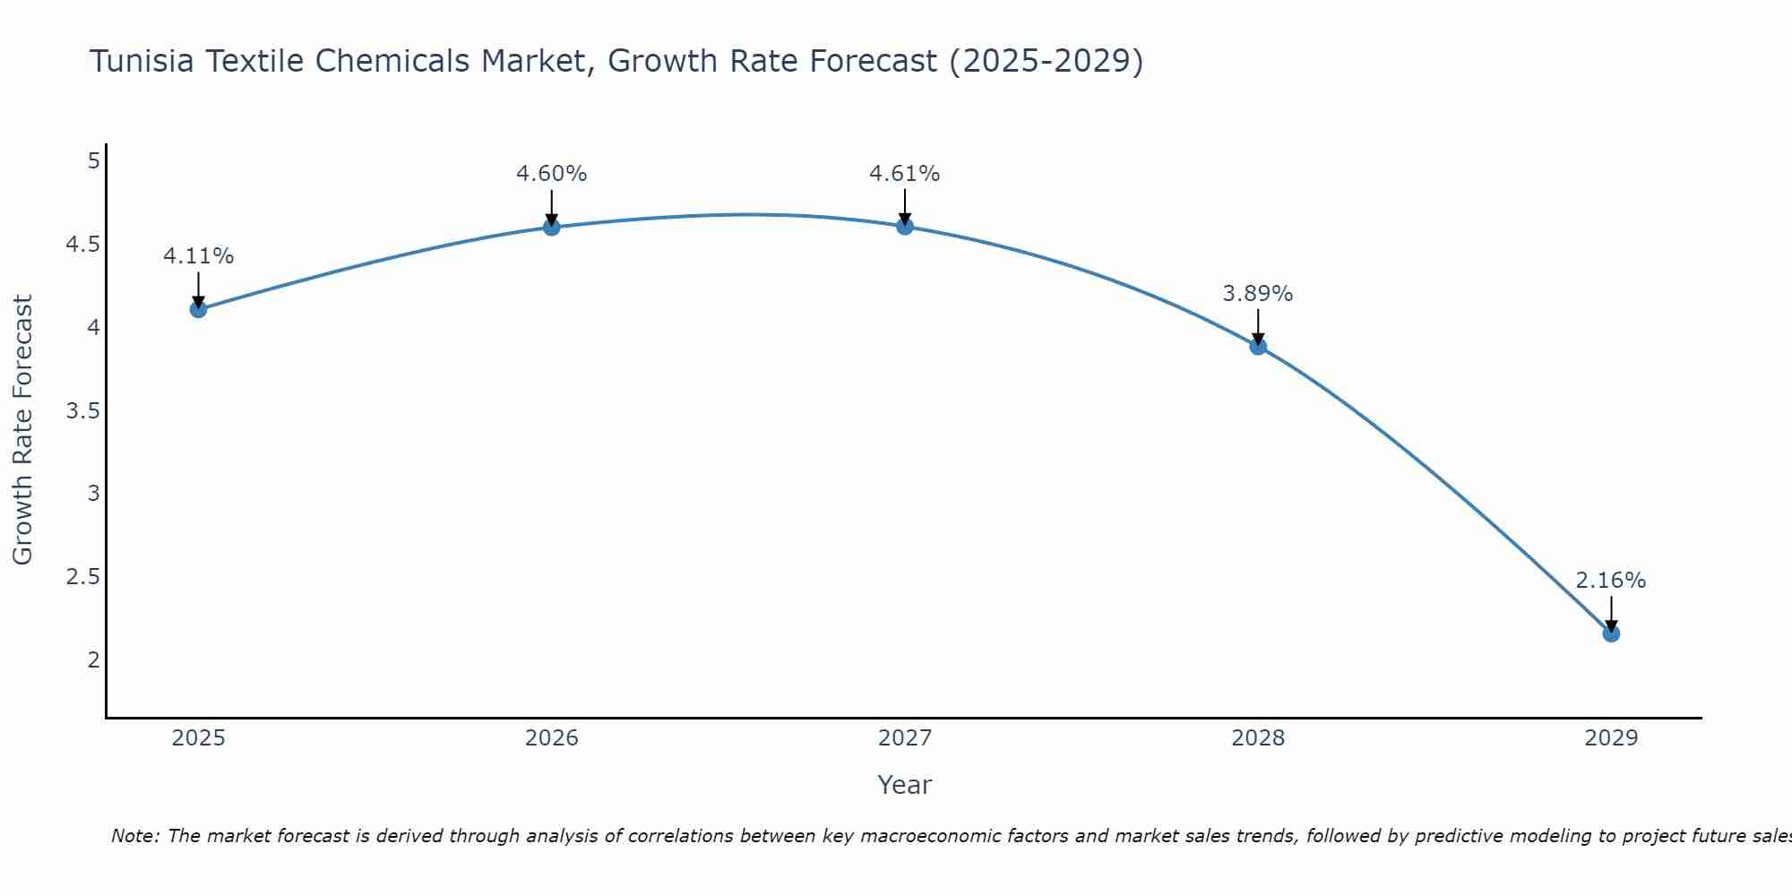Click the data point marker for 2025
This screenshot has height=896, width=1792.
[198, 309]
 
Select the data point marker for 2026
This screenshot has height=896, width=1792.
[551, 228]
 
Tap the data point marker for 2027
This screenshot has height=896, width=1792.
[905, 227]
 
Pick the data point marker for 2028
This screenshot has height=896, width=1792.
[1258, 347]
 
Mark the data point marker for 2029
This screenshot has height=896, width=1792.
[1611, 633]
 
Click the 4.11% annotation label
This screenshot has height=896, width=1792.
[198, 256]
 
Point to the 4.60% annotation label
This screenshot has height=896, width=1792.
[551, 174]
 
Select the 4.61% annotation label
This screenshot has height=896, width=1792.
[905, 174]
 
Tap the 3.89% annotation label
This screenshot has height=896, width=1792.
[1258, 294]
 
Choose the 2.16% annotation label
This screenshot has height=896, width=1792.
[1611, 581]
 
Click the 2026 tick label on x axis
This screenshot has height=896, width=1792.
[551, 738]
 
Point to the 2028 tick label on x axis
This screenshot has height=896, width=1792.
[1258, 738]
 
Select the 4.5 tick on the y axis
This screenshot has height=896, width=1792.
[82, 245]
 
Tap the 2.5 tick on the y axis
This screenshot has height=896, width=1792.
[82, 577]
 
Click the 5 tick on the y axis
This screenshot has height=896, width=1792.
[93, 161]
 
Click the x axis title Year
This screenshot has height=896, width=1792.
[905, 785]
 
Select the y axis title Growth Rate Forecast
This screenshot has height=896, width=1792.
[22, 430]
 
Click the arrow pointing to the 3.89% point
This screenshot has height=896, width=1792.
[1258, 327]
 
